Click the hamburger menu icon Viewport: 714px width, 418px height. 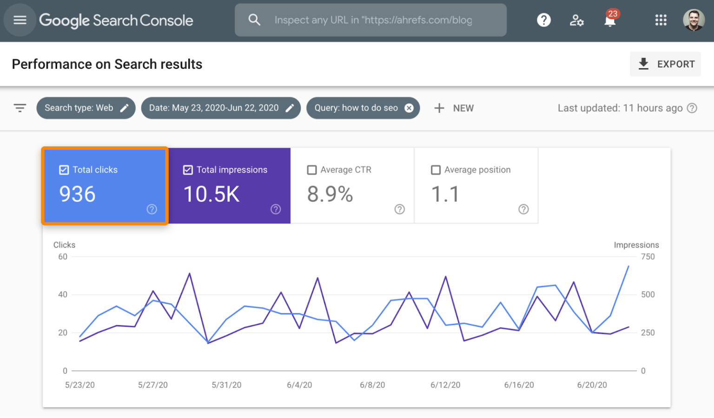point(20,20)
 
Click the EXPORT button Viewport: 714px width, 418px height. point(665,64)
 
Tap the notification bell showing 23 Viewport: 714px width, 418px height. point(610,20)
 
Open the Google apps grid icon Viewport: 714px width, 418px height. point(661,20)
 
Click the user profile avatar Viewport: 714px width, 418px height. point(694,20)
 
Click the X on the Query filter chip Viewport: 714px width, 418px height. point(409,108)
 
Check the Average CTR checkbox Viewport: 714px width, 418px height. point(312,170)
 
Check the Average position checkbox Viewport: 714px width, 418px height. point(436,170)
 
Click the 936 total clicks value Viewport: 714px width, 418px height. point(77,194)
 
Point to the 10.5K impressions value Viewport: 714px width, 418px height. point(212,194)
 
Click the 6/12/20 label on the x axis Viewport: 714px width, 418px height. point(445,385)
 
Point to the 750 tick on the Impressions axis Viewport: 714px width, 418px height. point(648,257)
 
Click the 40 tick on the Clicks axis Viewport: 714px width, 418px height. point(63,294)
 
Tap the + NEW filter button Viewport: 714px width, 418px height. point(454,108)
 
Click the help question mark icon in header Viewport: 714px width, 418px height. point(543,20)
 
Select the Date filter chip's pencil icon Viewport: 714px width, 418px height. point(290,108)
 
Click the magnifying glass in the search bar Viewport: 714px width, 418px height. point(254,20)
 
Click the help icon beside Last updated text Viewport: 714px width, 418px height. point(692,108)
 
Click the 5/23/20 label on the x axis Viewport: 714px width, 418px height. point(80,385)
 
